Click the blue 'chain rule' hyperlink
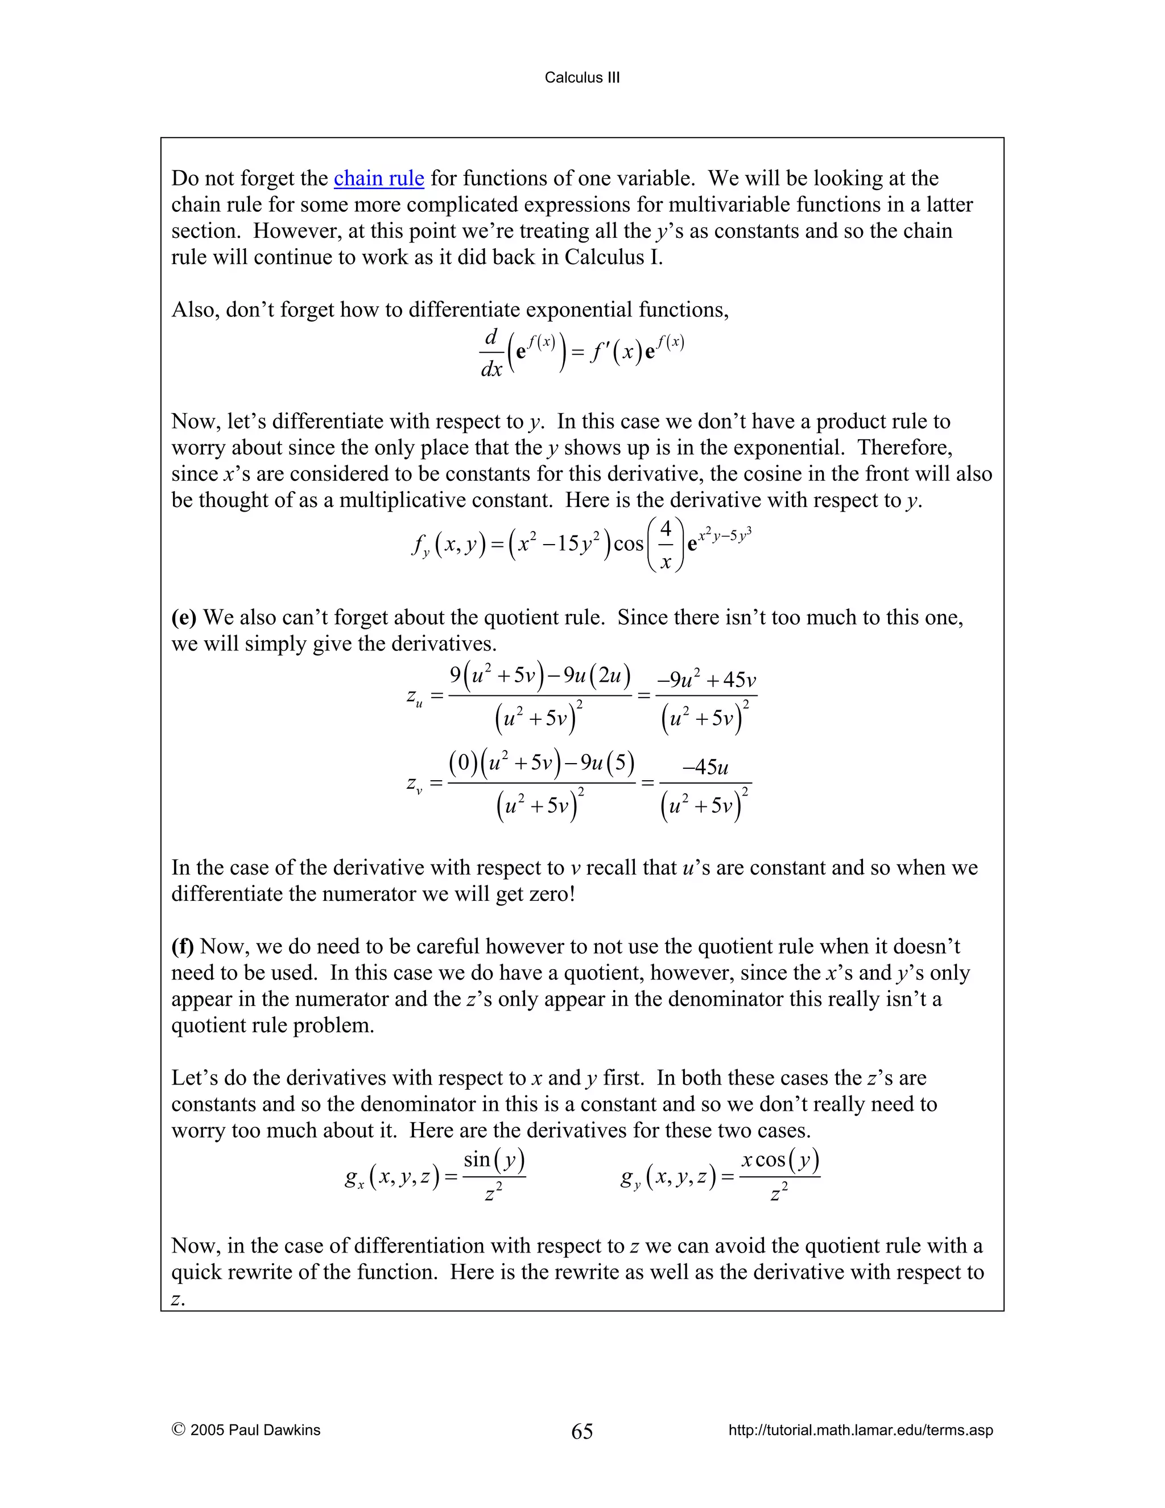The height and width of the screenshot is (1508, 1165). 378,178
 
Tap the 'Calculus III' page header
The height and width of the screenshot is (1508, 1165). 582,77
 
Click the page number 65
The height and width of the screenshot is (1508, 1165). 582,1431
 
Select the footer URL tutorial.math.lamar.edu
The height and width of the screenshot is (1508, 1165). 860,1430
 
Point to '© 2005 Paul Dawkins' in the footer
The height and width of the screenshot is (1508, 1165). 246,1430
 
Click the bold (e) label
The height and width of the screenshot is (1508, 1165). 184,617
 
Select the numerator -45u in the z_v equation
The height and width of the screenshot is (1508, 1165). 705,767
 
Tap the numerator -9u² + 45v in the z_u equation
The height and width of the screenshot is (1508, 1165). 706,680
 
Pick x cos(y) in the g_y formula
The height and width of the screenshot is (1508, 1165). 780,1159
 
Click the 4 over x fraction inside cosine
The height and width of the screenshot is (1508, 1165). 666,545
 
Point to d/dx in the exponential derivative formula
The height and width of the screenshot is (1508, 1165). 491,353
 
